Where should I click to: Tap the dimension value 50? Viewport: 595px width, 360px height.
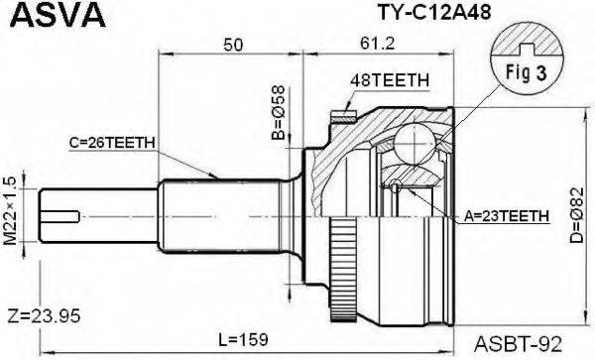235,45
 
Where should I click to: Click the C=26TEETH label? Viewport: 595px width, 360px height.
112,142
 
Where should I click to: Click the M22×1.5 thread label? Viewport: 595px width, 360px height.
11,211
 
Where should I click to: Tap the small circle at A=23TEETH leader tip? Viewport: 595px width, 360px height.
396,187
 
